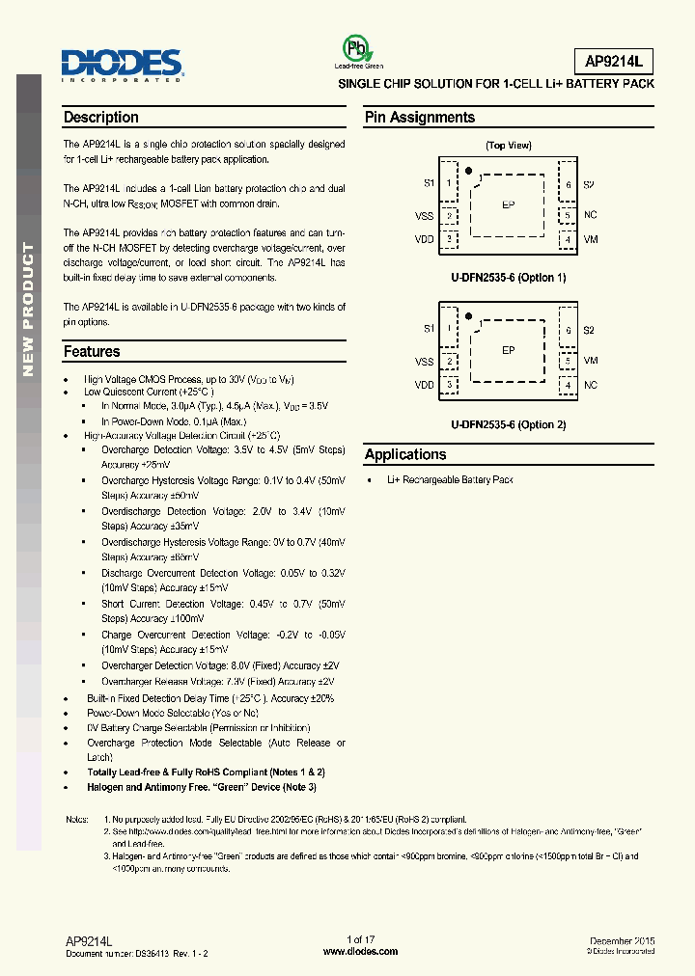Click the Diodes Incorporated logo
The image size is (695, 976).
(123, 66)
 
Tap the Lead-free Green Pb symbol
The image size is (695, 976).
(359, 50)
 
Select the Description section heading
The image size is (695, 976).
(101, 118)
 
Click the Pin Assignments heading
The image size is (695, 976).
(420, 118)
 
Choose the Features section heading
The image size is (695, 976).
(92, 352)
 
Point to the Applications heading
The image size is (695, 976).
(405, 454)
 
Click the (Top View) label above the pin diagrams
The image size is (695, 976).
(508, 146)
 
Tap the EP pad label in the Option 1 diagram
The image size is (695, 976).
(509, 205)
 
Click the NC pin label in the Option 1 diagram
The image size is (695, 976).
(591, 216)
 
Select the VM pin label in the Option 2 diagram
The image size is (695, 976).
(591, 361)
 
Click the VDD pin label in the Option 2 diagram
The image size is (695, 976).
(425, 385)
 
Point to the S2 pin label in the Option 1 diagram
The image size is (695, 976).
(590, 184)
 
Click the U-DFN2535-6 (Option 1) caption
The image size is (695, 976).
(508, 278)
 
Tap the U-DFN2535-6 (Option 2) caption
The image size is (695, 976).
(508, 424)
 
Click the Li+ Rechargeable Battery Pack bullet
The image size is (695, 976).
(450, 480)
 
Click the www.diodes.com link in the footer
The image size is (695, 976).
(359, 952)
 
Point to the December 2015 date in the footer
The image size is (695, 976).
(622, 940)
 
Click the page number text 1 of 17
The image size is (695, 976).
(360, 939)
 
